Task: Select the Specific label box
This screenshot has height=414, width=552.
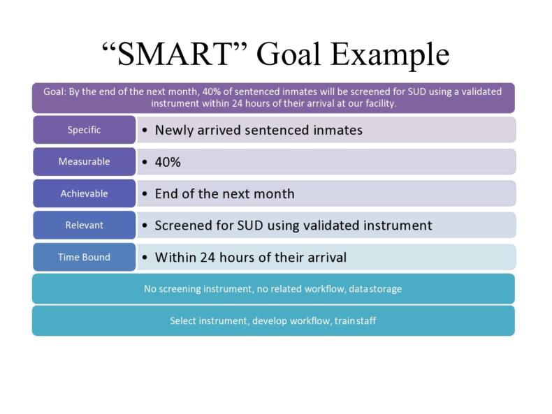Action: click(x=84, y=130)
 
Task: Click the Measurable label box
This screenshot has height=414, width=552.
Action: click(x=84, y=161)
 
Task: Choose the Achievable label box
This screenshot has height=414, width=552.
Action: click(x=84, y=193)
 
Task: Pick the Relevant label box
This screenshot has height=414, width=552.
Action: click(x=84, y=225)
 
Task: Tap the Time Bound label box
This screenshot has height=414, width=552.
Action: click(x=84, y=257)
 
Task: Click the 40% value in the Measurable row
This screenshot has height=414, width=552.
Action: click(x=168, y=162)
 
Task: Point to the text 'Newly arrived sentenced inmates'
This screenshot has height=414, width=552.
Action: click(x=259, y=130)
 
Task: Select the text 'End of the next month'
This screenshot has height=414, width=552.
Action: click(x=224, y=193)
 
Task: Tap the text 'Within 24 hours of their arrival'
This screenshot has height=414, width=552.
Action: click(x=250, y=257)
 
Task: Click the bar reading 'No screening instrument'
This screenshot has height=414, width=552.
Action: click(x=273, y=288)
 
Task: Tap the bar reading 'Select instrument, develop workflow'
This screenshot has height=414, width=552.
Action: click(x=273, y=320)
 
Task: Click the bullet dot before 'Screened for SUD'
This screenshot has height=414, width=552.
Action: click(x=144, y=226)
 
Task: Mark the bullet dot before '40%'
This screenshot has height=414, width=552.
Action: click(x=144, y=162)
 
